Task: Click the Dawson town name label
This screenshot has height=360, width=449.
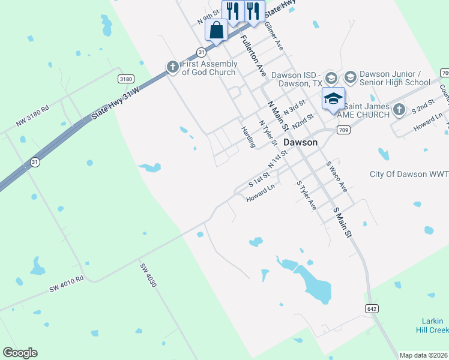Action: (300, 143)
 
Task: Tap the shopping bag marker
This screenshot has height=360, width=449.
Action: (217, 30)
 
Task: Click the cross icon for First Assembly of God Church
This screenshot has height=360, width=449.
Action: (173, 67)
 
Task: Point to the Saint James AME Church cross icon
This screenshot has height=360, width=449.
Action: (400, 109)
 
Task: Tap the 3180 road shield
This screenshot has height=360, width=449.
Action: (126, 79)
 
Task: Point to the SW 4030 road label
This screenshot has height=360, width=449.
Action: (148, 275)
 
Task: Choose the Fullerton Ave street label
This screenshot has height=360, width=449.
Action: (253, 54)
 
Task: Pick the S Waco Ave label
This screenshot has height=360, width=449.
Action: (336, 176)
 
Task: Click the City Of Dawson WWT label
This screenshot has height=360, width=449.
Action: (408, 174)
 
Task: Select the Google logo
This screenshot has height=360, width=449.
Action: (20, 353)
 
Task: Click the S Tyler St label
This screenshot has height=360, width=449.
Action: (306, 195)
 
